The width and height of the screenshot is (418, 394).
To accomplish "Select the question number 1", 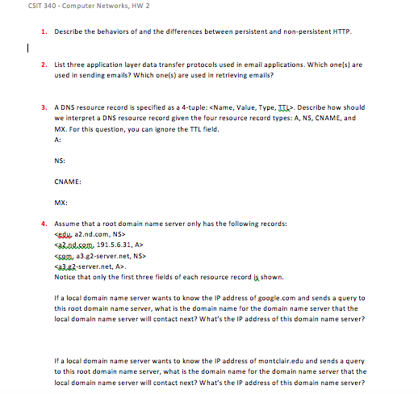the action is [43, 31].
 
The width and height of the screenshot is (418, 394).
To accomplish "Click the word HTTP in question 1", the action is [342, 31].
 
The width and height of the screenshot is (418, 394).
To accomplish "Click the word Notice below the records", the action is [65, 275].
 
